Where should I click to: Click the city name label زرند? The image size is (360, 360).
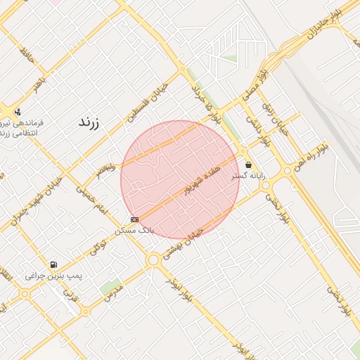point(89,122)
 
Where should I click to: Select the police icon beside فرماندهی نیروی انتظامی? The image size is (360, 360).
point(18,111)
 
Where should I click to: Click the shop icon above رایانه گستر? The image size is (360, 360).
point(248,165)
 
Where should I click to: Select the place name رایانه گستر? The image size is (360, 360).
point(249,176)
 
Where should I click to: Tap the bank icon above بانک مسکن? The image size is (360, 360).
point(135,219)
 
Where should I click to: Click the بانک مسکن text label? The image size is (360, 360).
point(134,230)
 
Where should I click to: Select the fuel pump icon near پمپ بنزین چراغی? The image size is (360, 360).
point(53,265)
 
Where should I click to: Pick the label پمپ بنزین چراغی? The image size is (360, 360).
point(53,276)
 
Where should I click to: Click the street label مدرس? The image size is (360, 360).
point(113,293)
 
